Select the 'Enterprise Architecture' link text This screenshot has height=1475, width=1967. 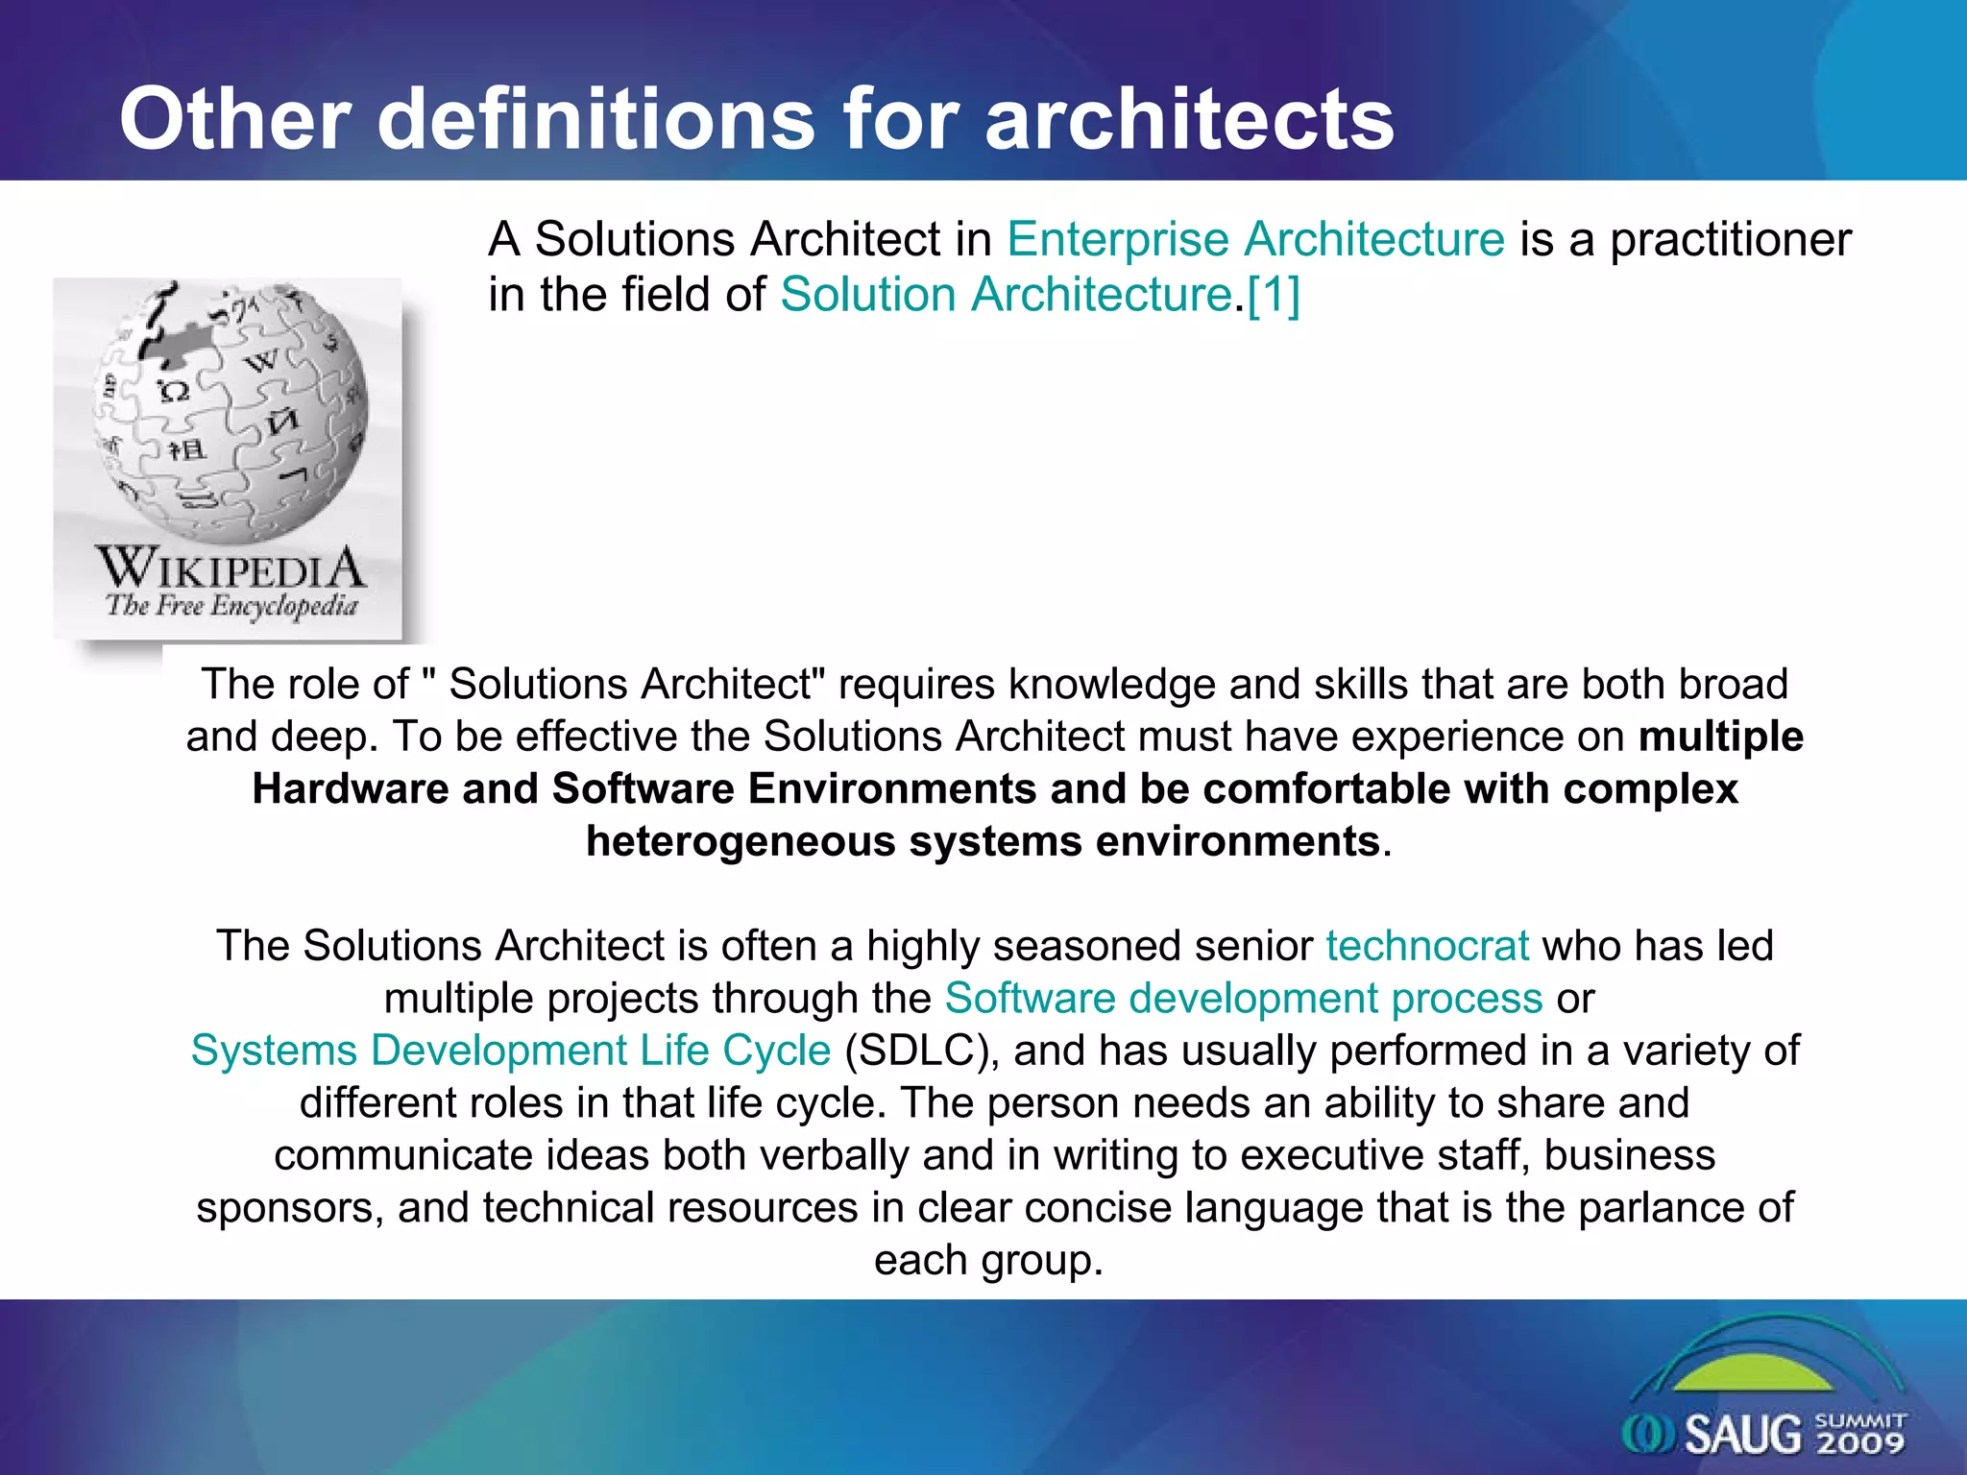[x=1255, y=239]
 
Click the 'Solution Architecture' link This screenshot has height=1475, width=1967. [x=1006, y=294]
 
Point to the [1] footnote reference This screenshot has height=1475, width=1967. [x=1274, y=294]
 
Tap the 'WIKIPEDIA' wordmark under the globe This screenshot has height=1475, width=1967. [x=231, y=568]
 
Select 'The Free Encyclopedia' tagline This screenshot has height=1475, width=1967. [x=231, y=606]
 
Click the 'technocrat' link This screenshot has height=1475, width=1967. [x=1427, y=946]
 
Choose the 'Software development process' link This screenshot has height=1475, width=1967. [x=1244, y=999]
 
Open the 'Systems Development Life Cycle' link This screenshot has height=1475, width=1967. [x=510, y=1051]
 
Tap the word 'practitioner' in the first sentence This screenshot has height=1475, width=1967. [x=1730, y=239]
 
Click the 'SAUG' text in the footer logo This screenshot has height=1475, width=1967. [x=1743, y=1435]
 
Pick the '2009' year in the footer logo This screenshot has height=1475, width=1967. [x=1860, y=1442]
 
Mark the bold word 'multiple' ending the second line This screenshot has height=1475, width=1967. [x=1720, y=737]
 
